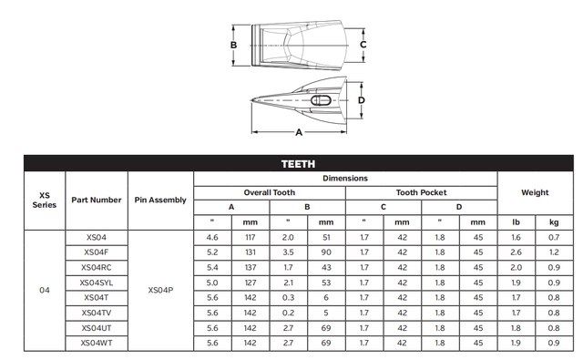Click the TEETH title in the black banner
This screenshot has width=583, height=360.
click(x=298, y=164)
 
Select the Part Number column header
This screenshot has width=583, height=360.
click(x=96, y=200)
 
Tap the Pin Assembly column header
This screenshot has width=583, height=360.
click(x=160, y=200)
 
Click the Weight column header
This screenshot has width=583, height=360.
click(x=534, y=192)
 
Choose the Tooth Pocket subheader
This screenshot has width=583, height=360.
click(x=421, y=192)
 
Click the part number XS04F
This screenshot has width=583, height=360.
click(x=96, y=252)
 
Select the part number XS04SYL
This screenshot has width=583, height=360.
click(x=96, y=282)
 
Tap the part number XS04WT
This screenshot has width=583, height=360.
click(x=96, y=342)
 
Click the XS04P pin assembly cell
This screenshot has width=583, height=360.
click(x=160, y=290)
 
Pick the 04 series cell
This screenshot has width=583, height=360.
click(x=45, y=290)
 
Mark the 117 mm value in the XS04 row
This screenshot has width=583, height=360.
click(x=250, y=237)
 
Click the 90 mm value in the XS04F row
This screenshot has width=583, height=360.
click(x=326, y=252)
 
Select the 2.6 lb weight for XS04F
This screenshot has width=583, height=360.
click(x=515, y=252)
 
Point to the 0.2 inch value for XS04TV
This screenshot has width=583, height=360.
click(x=288, y=312)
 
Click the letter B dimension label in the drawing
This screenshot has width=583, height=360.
click(x=234, y=45)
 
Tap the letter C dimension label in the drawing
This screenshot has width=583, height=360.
click(x=363, y=44)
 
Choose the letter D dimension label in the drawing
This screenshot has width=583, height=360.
click(x=362, y=99)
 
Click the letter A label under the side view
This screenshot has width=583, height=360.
click(x=298, y=132)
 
